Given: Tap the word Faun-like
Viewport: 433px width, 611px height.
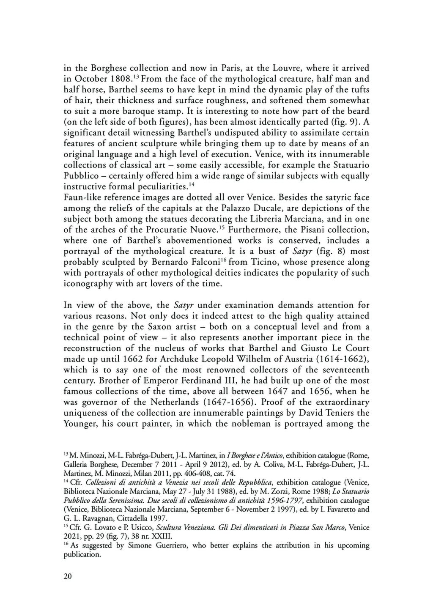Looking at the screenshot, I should [82, 197].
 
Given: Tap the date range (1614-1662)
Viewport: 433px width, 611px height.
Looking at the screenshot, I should [337, 359].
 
